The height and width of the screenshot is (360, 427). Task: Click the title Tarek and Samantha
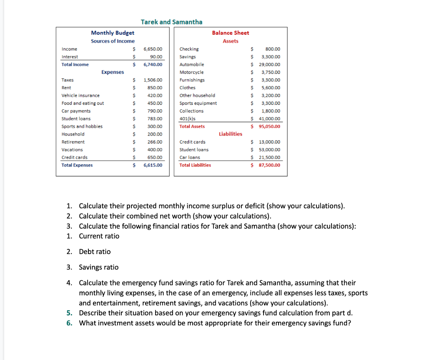click(x=171, y=22)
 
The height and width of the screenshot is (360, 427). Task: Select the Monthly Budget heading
click(x=113, y=33)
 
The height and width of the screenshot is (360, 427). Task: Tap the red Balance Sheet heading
click(x=230, y=33)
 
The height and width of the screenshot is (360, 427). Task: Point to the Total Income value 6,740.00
click(x=153, y=65)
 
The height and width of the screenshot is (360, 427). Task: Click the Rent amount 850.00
click(x=155, y=88)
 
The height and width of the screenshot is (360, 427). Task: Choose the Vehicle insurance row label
click(x=80, y=96)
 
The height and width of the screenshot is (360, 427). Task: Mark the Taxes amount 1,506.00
click(x=153, y=80)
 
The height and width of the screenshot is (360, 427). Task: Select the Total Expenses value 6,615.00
click(x=153, y=165)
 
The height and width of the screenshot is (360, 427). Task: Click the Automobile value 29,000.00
click(x=269, y=65)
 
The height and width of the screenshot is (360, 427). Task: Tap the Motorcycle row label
click(x=191, y=73)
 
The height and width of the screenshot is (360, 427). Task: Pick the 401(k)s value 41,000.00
click(x=269, y=119)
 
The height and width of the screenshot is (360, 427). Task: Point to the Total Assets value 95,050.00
click(x=269, y=126)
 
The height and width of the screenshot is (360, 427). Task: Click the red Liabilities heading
click(x=230, y=134)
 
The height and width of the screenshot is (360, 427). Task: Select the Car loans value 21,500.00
click(x=269, y=158)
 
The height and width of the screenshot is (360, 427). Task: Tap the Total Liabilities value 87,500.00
click(x=269, y=165)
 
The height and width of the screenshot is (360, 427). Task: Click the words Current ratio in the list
click(x=99, y=236)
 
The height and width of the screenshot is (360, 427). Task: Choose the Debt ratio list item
click(x=95, y=252)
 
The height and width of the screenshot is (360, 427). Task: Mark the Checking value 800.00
click(x=273, y=49)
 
